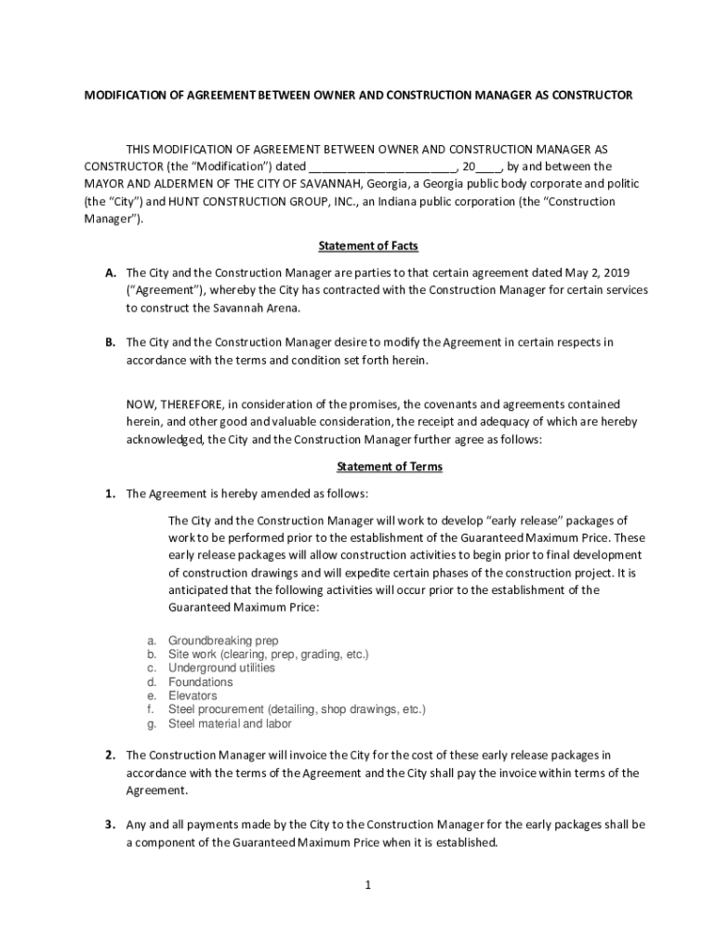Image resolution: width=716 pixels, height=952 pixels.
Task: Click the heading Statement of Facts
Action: click(368, 246)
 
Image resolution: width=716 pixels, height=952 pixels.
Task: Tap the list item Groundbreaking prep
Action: click(223, 641)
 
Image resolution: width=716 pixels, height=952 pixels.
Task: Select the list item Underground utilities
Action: click(221, 668)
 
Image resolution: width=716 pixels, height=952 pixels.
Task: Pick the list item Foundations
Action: click(201, 681)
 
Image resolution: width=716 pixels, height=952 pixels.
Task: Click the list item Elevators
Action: click(192, 695)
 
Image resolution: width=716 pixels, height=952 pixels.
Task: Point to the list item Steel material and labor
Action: click(230, 723)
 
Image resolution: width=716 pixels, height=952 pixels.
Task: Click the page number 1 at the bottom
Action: click(368, 884)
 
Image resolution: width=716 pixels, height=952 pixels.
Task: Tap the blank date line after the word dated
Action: click(382, 167)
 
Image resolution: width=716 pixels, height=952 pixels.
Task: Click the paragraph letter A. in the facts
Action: click(111, 272)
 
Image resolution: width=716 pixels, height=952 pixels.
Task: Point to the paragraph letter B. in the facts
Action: click(111, 342)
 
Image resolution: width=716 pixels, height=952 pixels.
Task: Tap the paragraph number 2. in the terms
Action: click(110, 755)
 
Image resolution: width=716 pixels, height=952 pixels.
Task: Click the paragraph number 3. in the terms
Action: click(110, 825)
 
